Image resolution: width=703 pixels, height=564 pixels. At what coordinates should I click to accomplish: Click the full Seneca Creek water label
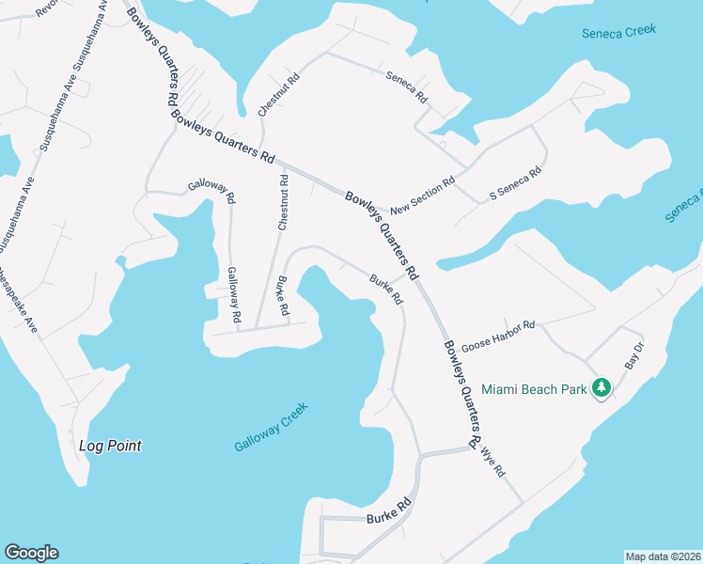[618, 31]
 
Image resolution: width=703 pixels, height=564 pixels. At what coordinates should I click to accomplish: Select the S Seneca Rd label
[516, 185]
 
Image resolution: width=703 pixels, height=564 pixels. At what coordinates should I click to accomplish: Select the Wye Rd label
[492, 460]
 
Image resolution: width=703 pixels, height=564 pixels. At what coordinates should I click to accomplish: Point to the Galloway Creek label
[271, 427]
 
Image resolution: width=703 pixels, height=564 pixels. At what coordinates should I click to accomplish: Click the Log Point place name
[110, 446]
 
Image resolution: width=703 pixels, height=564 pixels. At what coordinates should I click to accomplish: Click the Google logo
[31, 553]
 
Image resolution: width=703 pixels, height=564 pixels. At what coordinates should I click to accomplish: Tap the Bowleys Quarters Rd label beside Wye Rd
[461, 394]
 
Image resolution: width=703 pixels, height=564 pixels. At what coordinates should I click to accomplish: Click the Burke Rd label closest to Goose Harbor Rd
[386, 290]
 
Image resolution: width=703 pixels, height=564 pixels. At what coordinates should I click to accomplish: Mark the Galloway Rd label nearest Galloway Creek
[234, 297]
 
